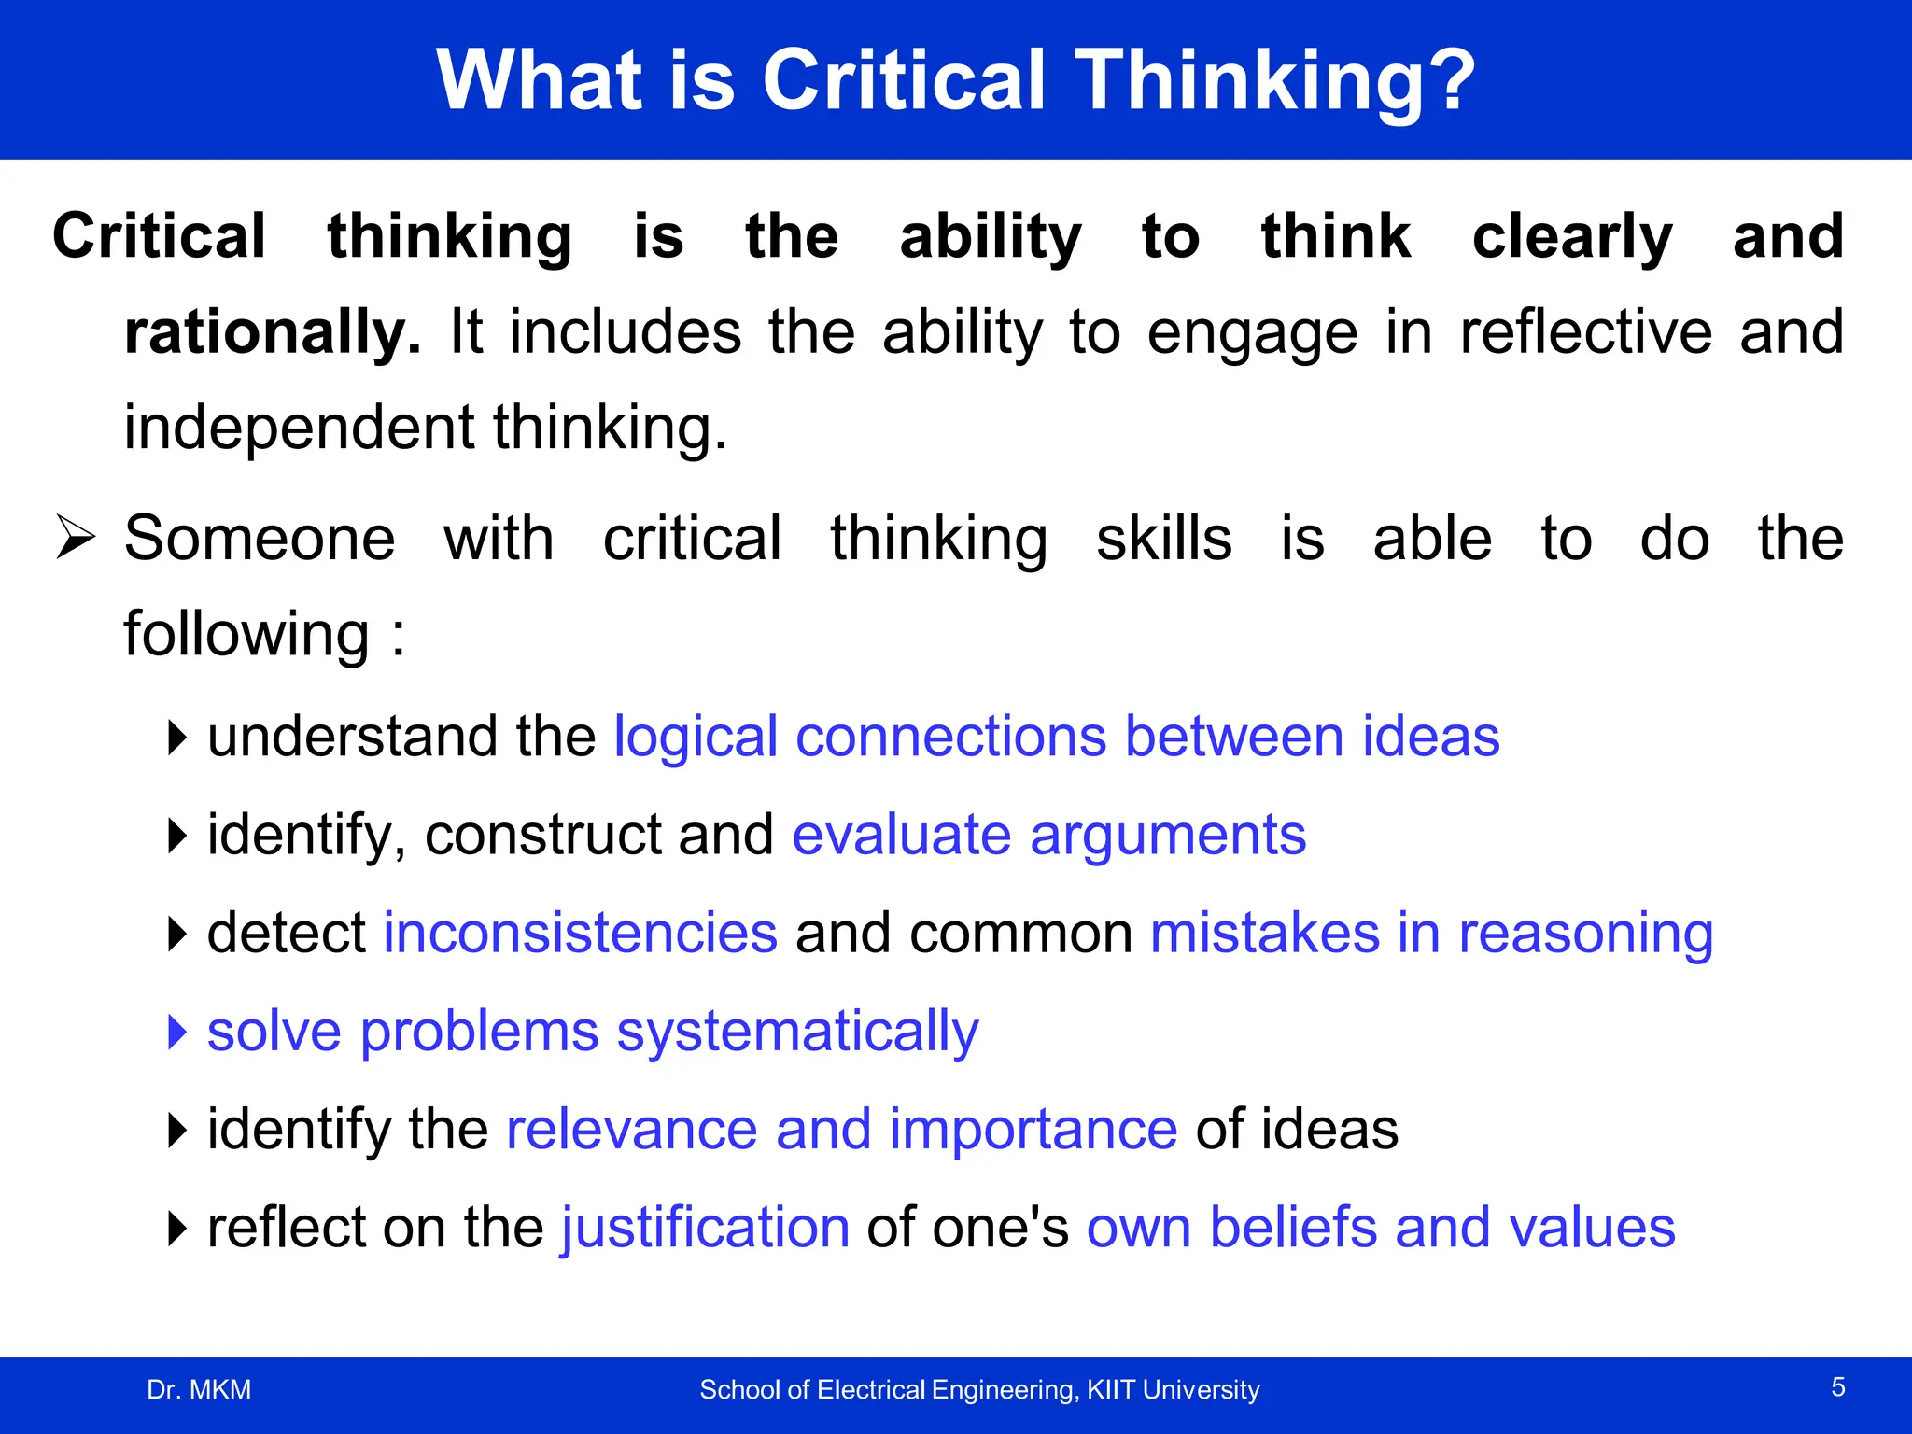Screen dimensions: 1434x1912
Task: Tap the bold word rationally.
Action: pyautogui.click(x=272, y=333)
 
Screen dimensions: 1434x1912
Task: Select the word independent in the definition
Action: pyautogui.click(x=299, y=428)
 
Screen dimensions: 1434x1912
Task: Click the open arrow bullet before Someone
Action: pyautogui.click(x=75, y=538)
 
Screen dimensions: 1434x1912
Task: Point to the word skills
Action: pyautogui.click(x=1163, y=540)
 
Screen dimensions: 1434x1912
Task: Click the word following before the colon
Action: pyautogui.click(x=246, y=635)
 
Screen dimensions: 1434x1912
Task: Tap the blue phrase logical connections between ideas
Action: pyautogui.click(x=1056, y=738)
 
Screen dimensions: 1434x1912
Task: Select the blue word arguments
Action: pyautogui.click(x=1167, y=836)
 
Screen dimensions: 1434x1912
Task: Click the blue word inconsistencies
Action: pyautogui.click(x=580, y=934)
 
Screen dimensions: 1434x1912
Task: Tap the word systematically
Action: pyautogui.click(x=797, y=1033)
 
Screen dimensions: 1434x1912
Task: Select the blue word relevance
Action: pyautogui.click(x=631, y=1130)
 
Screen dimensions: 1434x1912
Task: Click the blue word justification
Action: pyautogui.click(x=705, y=1228)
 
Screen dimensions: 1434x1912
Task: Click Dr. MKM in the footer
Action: pyautogui.click(x=199, y=1390)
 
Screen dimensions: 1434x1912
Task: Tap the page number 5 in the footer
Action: pyautogui.click(x=1837, y=1387)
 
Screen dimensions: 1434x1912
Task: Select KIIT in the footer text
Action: pyautogui.click(x=1111, y=1390)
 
